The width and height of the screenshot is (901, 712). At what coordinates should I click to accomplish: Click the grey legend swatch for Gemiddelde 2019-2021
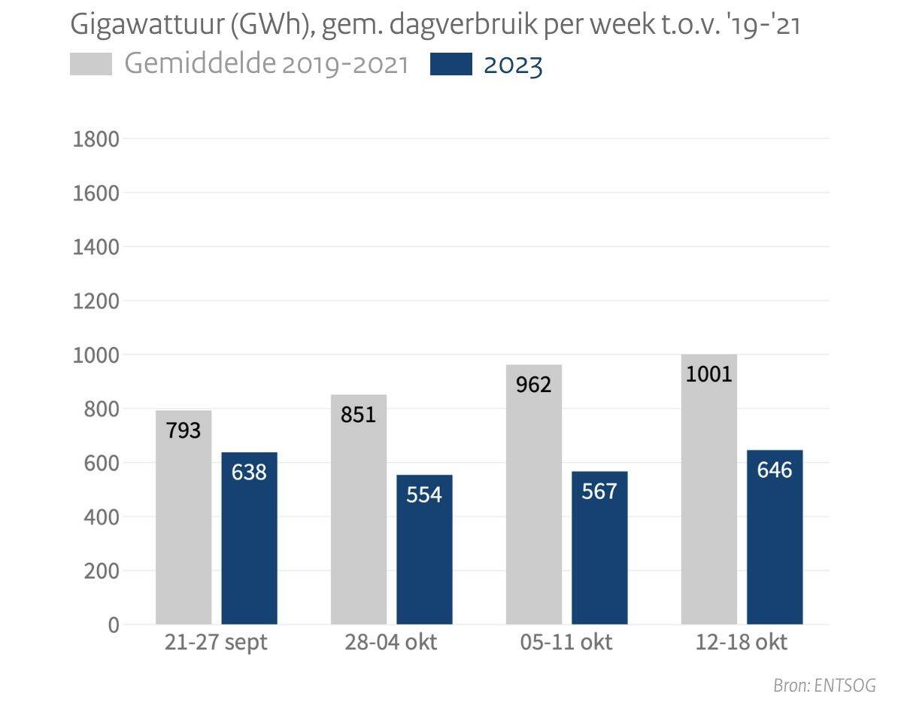(x=91, y=65)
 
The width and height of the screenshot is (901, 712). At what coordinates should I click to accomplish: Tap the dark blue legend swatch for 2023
(x=451, y=65)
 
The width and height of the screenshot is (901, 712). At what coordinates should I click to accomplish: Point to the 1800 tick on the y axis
(x=96, y=139)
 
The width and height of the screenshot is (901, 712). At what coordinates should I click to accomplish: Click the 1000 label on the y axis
(x=96, y=355)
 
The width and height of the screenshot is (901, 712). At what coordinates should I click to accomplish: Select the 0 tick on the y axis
(x=114, y=625)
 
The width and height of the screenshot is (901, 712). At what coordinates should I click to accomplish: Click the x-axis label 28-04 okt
(x=391, y=644)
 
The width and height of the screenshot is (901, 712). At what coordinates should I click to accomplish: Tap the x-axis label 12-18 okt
(x=742, y=644)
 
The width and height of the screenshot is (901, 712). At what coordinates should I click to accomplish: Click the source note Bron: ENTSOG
(x=824, y=686)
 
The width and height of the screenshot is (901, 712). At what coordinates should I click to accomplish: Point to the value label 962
(x=534, y=385)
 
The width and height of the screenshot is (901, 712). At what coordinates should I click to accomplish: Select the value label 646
(x=775, y=470)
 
